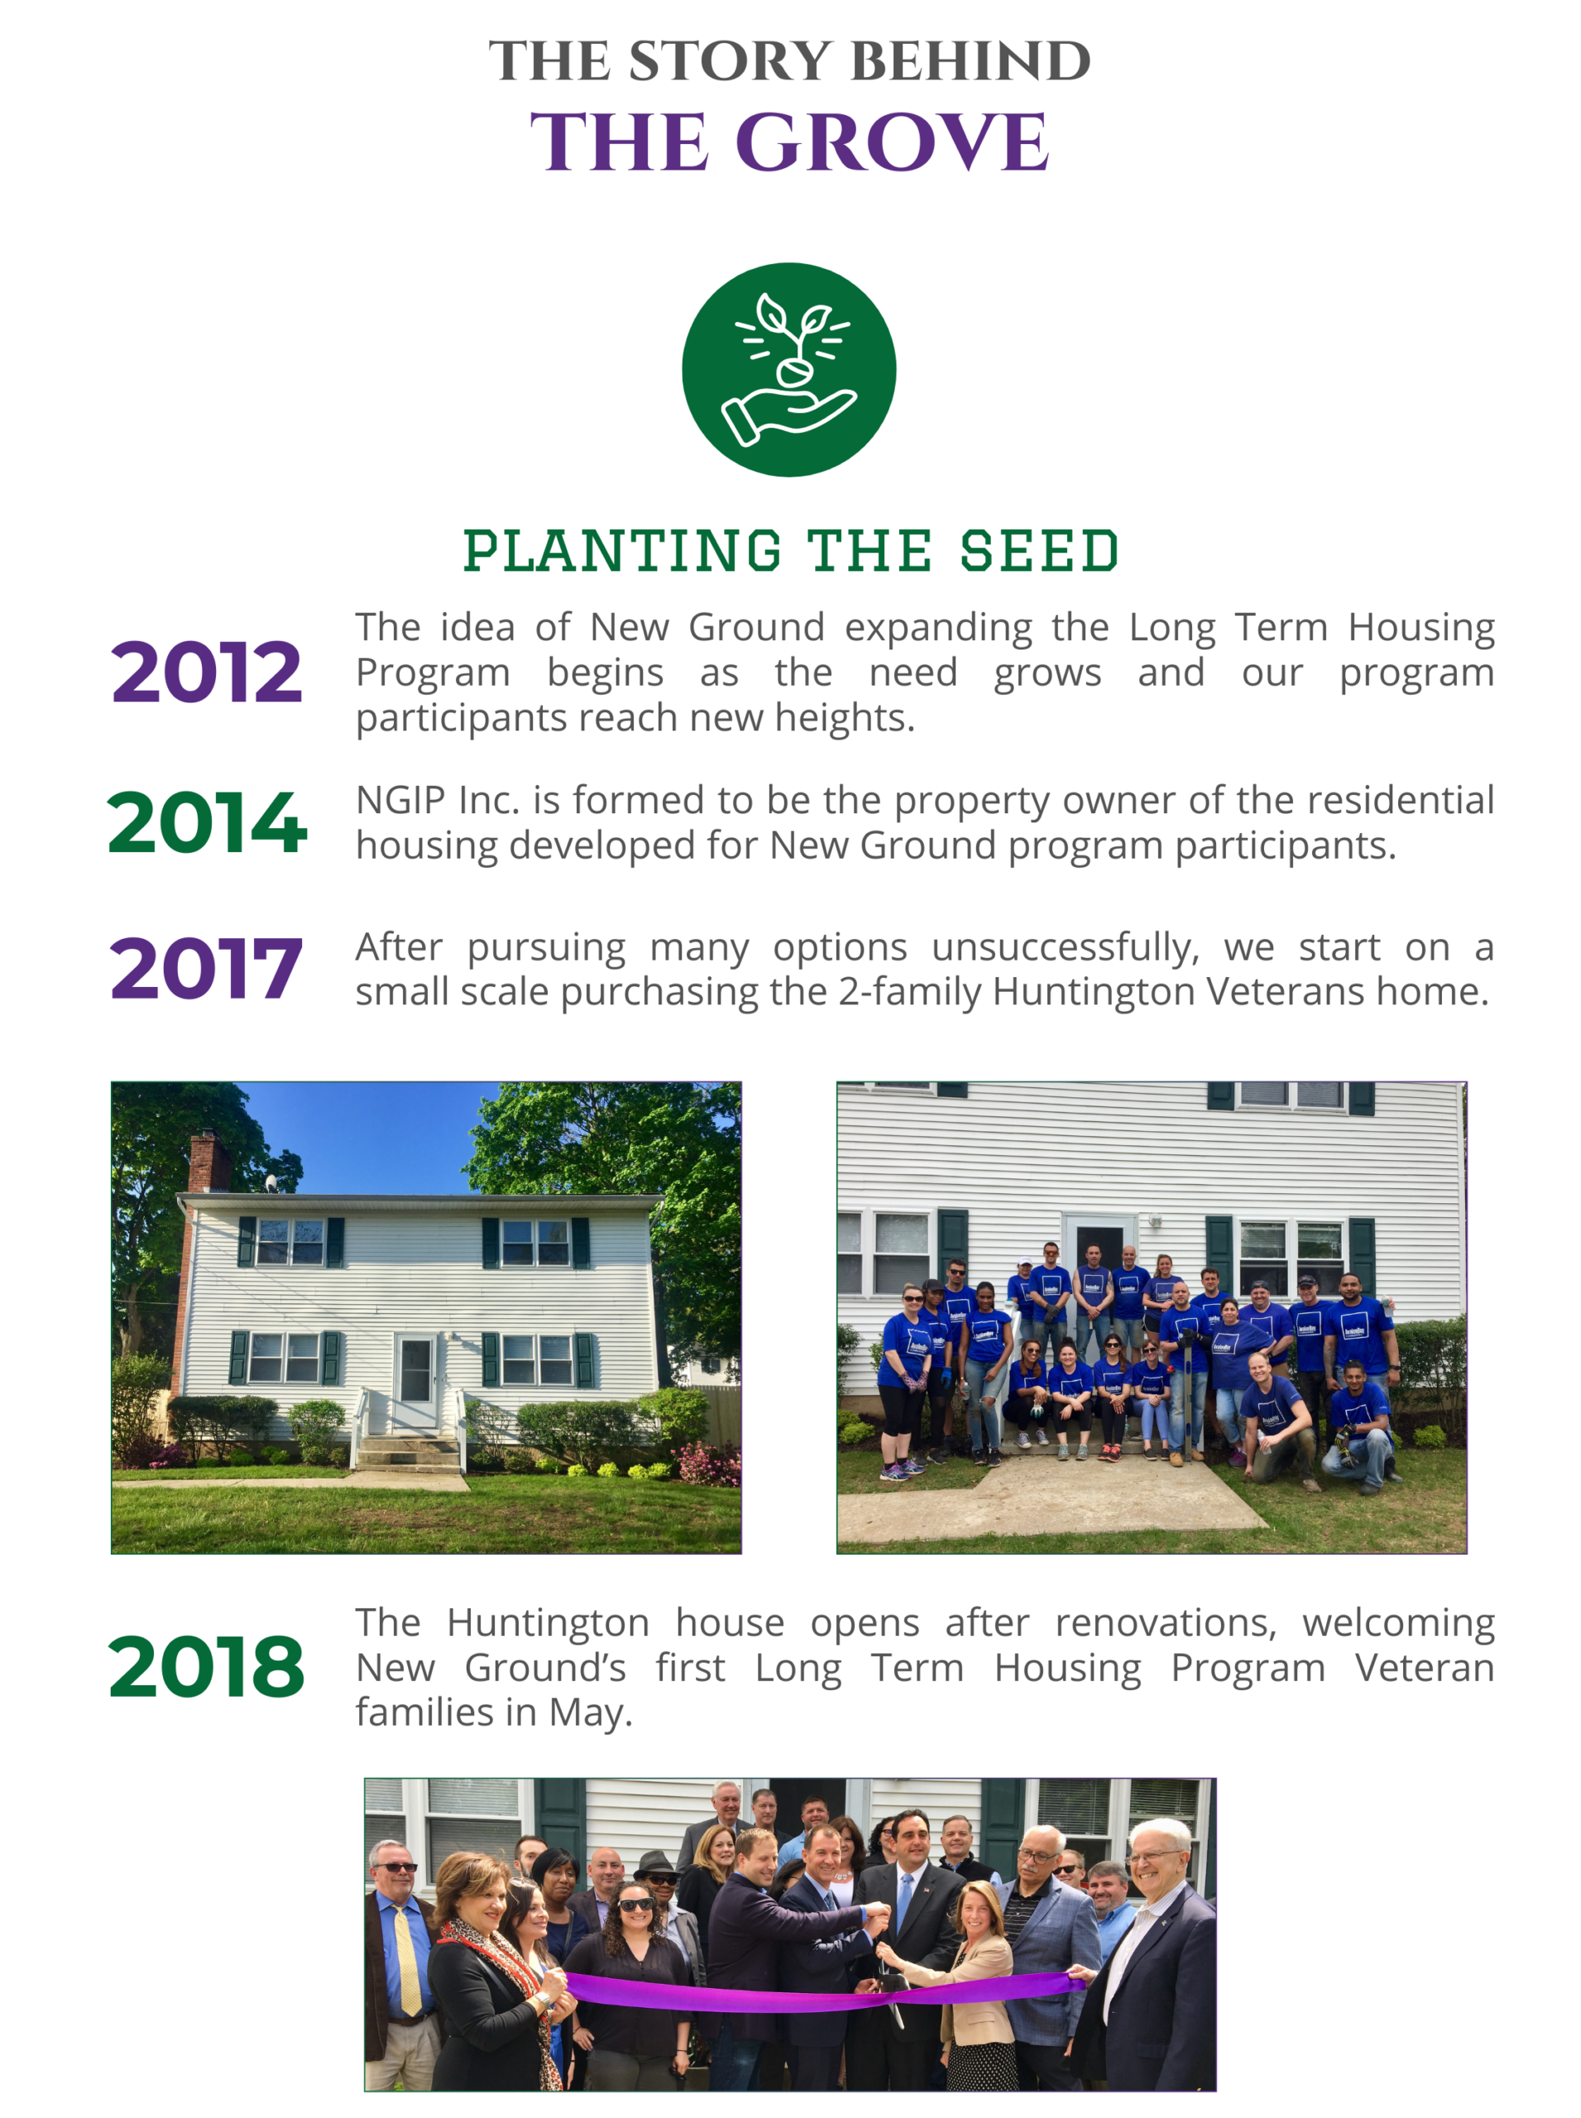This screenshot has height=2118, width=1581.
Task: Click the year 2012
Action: click(206, 672)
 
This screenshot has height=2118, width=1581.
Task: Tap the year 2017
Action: click(206, 968)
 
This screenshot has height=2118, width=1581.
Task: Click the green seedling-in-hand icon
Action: click(788, 370)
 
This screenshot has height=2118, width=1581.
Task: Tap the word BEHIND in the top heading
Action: click(970, 61)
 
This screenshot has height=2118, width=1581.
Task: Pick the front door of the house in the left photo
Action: click(415, 1382)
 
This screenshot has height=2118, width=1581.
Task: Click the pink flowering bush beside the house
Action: click(707, 1461)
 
